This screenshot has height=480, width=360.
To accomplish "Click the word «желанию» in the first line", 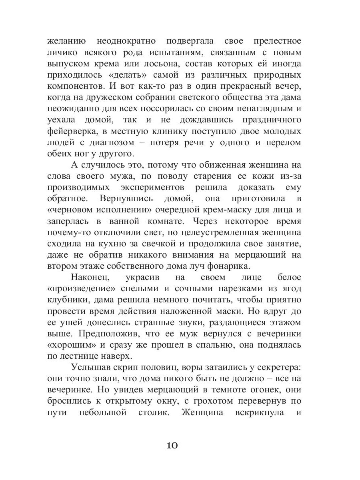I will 67,42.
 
